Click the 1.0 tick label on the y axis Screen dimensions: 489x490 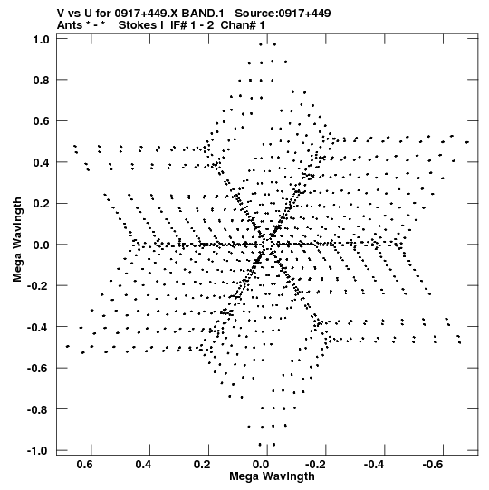42,40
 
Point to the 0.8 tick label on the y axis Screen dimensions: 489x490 42,81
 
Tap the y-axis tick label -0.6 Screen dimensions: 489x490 38,368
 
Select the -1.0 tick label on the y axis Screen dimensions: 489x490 38,451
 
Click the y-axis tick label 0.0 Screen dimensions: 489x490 42,245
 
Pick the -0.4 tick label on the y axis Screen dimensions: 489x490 38,328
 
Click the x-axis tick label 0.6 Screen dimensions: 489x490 85,465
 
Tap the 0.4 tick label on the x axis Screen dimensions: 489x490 143,465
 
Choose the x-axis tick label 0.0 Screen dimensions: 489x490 261,465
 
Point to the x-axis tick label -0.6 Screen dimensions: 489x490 434,465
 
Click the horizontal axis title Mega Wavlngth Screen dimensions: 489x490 272,476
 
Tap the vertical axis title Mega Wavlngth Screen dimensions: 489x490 17,240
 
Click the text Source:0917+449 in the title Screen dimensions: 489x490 283,14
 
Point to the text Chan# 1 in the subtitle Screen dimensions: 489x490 243,25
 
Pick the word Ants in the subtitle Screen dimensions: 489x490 70,25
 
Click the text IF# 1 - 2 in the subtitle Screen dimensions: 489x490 192,25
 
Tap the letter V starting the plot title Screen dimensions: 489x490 61,14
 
